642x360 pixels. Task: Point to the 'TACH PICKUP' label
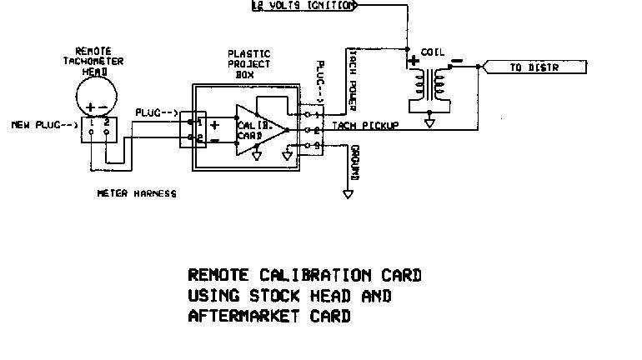[365, 125]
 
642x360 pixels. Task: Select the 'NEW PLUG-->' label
[43, 125]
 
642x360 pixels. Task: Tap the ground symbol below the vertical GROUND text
[346, 195]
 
